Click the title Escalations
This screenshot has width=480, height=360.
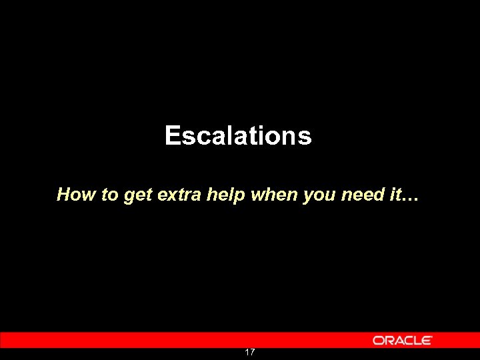click(238, 136)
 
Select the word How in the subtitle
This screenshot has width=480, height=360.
click(71, 195)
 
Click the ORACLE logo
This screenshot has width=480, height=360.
click(403, 340)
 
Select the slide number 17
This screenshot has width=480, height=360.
click(249, 352)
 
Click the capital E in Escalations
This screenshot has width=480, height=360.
click(173, 136)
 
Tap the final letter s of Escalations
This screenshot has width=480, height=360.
click(305, 137)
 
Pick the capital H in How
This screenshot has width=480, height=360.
click(65, 195)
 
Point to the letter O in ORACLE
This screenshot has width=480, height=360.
click(379, 340)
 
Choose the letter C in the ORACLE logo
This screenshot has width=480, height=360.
click(407, 340)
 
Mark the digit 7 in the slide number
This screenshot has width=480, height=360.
click(252, 352)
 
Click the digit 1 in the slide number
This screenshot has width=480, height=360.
click(247, 352)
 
